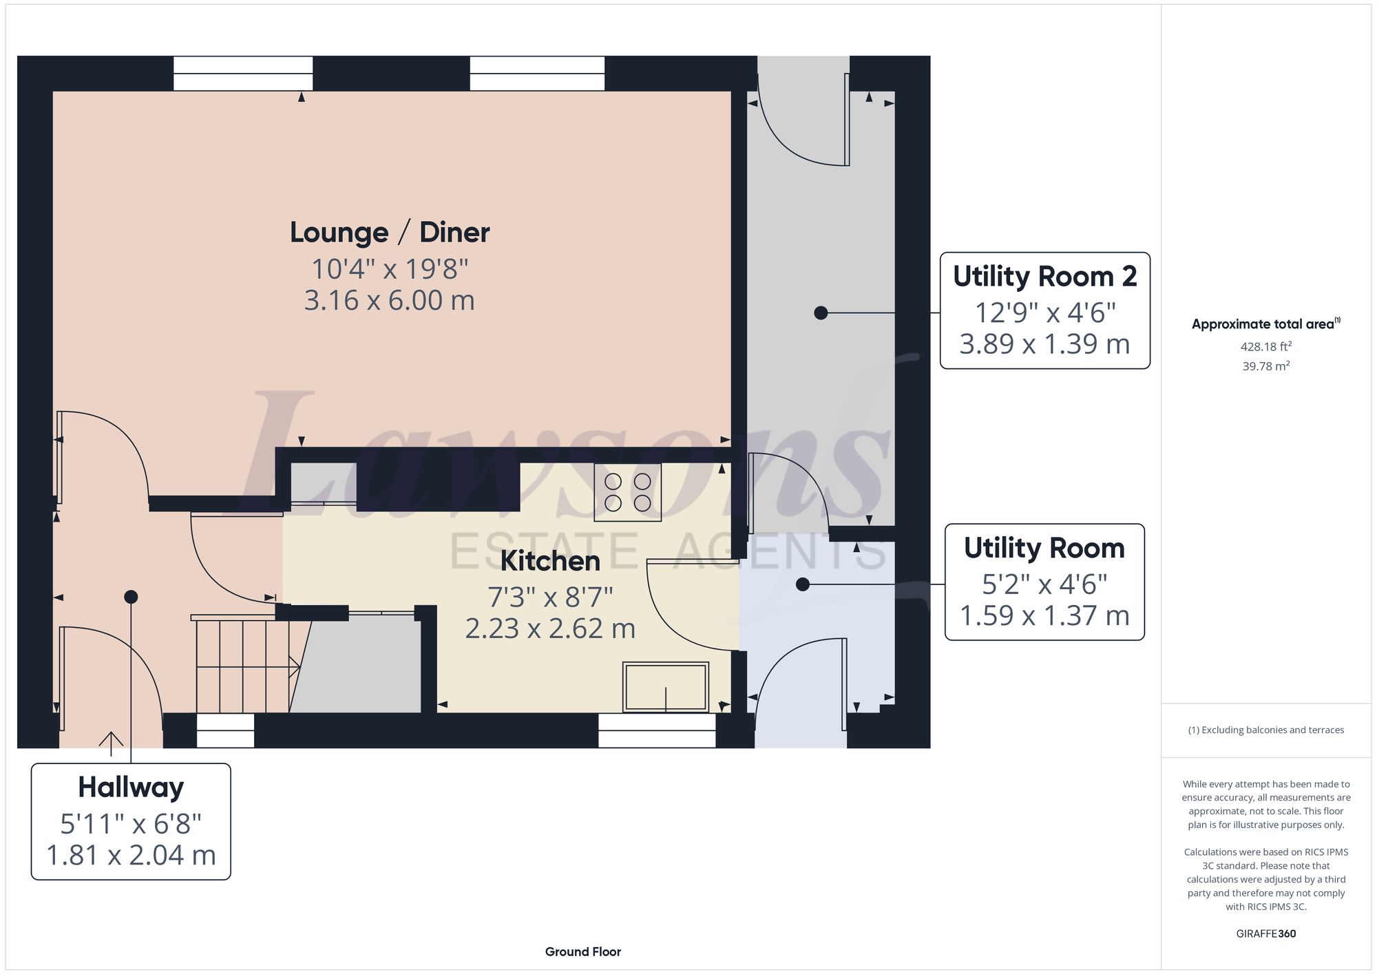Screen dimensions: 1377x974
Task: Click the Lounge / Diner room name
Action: click(x=390, y=233)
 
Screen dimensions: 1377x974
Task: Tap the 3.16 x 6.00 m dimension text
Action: click(x=390, y=300)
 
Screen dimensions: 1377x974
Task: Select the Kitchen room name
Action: click(x=550, y=561)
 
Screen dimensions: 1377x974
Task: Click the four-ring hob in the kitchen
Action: click(x=627, y=492)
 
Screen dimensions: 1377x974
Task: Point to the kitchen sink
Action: click(x=666, y=686)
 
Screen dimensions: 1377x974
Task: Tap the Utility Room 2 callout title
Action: click(x=1044, y=276)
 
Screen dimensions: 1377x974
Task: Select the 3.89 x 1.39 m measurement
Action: click(x=1044, y=344)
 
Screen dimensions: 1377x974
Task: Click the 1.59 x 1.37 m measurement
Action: click(x=1044, y=615)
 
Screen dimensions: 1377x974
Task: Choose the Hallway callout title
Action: click(x=131, y=787)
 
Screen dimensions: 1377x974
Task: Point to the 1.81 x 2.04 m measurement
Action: click(x=131, y=855)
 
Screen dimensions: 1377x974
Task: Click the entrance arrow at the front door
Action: click(x=111, y=739)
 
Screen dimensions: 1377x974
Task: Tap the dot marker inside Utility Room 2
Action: click(x=821, y=313)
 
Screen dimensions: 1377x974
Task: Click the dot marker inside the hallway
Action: click(x=131, y=597)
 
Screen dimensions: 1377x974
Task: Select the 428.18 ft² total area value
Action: click(x=1266, y=347)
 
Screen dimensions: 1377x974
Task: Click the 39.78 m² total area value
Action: click(x=1266, y=366)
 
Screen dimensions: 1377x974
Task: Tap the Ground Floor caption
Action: click(x=583, y=952)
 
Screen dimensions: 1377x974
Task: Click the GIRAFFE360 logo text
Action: click(x=1266, y=934)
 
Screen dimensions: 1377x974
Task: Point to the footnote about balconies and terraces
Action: click(x=1266, y=730)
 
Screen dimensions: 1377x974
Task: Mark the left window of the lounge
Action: click(x=243, y=74)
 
